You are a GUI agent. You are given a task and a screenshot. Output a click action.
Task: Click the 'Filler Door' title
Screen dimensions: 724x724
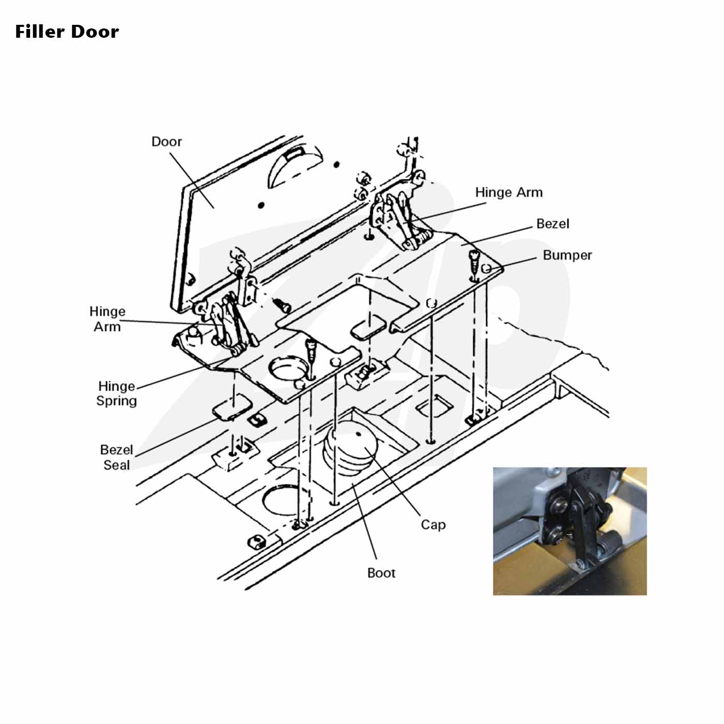point(67,32)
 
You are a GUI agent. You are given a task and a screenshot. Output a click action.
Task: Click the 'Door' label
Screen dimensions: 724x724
point(167,142)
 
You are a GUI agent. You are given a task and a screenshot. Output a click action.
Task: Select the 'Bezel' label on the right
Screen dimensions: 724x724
point(552,224)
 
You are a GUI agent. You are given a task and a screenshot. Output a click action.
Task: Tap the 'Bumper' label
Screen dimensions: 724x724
point(567,255)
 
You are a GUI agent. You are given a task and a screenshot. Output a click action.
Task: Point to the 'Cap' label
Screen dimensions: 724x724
point(433,524)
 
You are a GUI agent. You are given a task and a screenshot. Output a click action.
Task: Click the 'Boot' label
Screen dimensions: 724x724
point(381,573)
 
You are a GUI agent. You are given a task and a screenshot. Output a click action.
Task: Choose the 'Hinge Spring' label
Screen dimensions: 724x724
point(116,394)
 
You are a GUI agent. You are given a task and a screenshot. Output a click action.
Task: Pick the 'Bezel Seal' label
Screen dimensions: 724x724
point(116,457)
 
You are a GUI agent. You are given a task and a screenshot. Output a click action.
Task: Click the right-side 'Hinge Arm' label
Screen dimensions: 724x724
point(509,192)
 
